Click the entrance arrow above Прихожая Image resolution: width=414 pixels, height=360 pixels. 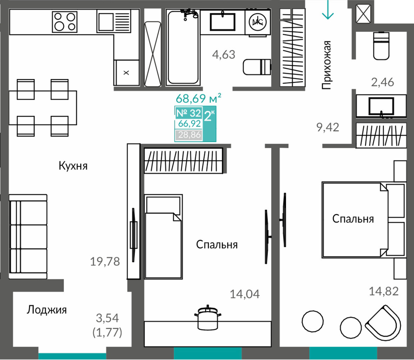327,10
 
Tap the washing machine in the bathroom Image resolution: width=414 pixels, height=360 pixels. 258,22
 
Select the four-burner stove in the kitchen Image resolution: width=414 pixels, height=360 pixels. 65,22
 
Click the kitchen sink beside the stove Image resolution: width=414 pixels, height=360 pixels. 114,21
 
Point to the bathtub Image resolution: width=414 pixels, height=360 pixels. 183,47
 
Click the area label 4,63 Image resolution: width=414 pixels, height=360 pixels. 224,55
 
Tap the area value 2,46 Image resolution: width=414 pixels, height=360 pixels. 382,82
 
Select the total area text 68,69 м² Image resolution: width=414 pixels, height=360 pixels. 199,98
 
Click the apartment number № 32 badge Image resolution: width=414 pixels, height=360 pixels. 189,113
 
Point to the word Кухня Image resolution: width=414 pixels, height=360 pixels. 73,166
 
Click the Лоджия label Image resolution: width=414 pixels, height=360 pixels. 47,310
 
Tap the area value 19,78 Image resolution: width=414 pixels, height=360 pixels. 105,262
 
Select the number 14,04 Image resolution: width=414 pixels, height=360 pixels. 245,294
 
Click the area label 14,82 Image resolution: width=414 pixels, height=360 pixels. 384,291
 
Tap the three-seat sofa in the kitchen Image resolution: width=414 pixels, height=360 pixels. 28,236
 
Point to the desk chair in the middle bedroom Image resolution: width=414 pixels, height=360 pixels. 208,317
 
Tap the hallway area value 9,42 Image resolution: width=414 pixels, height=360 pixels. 327,127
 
